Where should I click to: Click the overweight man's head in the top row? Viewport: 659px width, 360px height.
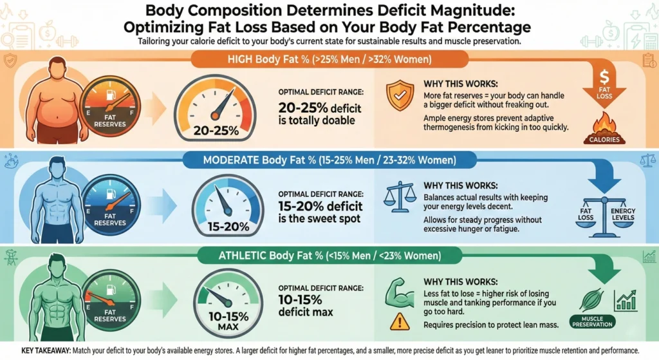click(x=57, y=69)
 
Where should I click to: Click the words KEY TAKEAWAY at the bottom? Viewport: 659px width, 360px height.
click(x=41, y=349)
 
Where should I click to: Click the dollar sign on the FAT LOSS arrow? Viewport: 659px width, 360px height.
click(x=604, y=75)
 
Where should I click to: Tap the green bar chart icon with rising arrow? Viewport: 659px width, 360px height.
click(x=625, y=300)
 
